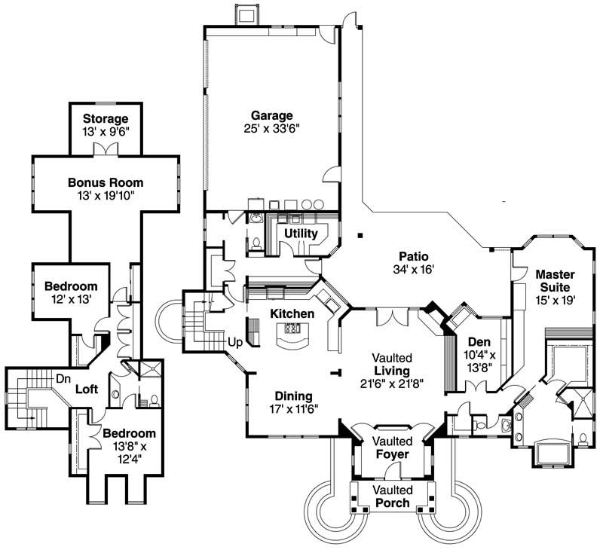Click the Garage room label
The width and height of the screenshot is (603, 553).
271,115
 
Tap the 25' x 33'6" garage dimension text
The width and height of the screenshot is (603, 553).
271,129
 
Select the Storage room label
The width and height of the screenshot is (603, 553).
105,118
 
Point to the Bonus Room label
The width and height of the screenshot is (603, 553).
105,182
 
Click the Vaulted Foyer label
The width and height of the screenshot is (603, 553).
392,448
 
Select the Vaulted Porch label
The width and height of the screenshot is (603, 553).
392,496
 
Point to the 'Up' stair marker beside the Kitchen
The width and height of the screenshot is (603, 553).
235,342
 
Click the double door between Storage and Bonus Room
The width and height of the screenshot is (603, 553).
105,150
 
